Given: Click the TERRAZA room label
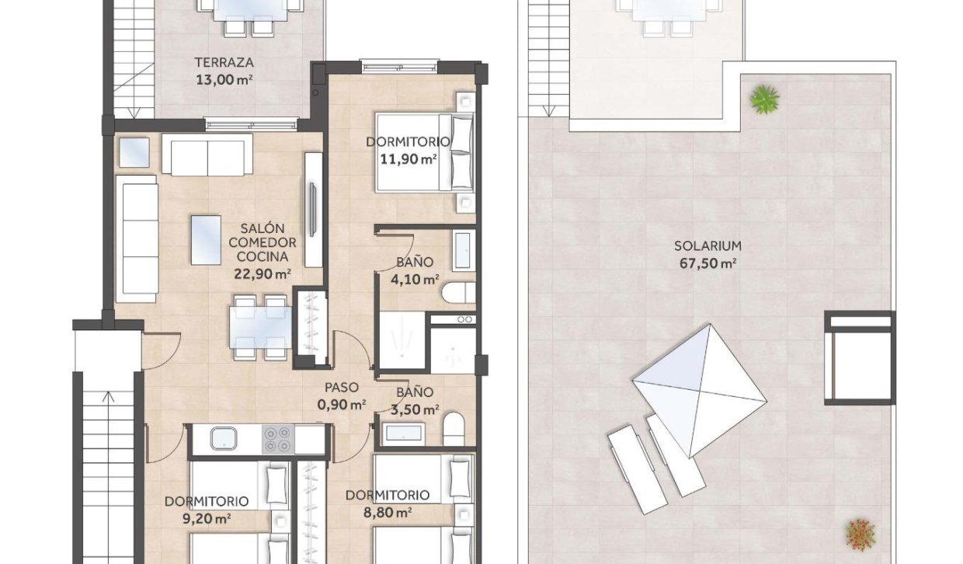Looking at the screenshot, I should (224, 62).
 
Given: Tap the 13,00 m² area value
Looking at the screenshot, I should (225, 78).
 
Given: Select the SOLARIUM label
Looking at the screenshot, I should (707, 245).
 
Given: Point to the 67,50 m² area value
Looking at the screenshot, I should (707, 263).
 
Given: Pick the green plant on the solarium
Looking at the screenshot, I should (764, 99).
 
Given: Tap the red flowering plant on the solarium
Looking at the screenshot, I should (860, 534).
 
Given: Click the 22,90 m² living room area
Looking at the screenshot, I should (262, 273).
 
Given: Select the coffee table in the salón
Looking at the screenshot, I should (207, 238).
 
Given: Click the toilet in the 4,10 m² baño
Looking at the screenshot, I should (457, 293).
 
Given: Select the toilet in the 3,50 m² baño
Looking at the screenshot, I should (454, 429).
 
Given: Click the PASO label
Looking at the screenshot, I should (341, 388).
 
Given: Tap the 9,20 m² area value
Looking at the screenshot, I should (207, 518).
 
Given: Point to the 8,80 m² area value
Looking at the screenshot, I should (388, 512).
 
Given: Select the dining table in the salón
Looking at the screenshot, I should (260, 327).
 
